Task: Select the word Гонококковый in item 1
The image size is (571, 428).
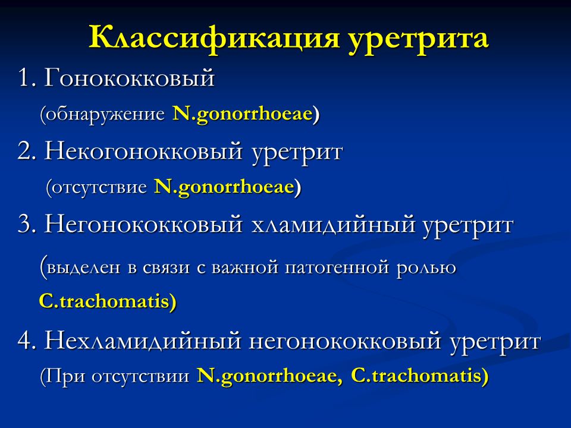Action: click(129, 77)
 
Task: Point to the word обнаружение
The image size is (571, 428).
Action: click(105, 114)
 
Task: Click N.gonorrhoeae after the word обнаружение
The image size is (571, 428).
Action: click(243, 114)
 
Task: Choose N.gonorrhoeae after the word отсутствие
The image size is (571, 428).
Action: click(224, 187)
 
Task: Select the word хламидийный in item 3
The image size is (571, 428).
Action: click(333, 224)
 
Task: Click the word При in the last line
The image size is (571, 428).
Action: click(64, 376)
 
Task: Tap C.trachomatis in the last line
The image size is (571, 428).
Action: click(416, 376)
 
